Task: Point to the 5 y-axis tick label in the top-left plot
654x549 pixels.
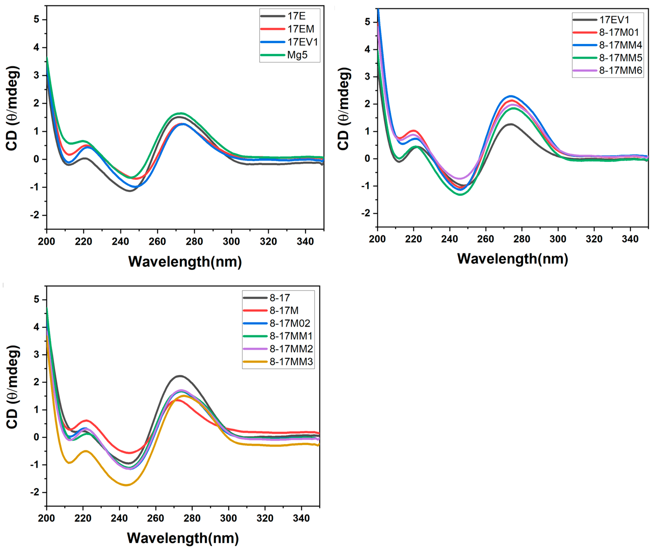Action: click(36, 20)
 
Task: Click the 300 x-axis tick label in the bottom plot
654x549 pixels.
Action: click(228, 518)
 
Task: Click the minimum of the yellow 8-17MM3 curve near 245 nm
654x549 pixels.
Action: click(126, 485)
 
